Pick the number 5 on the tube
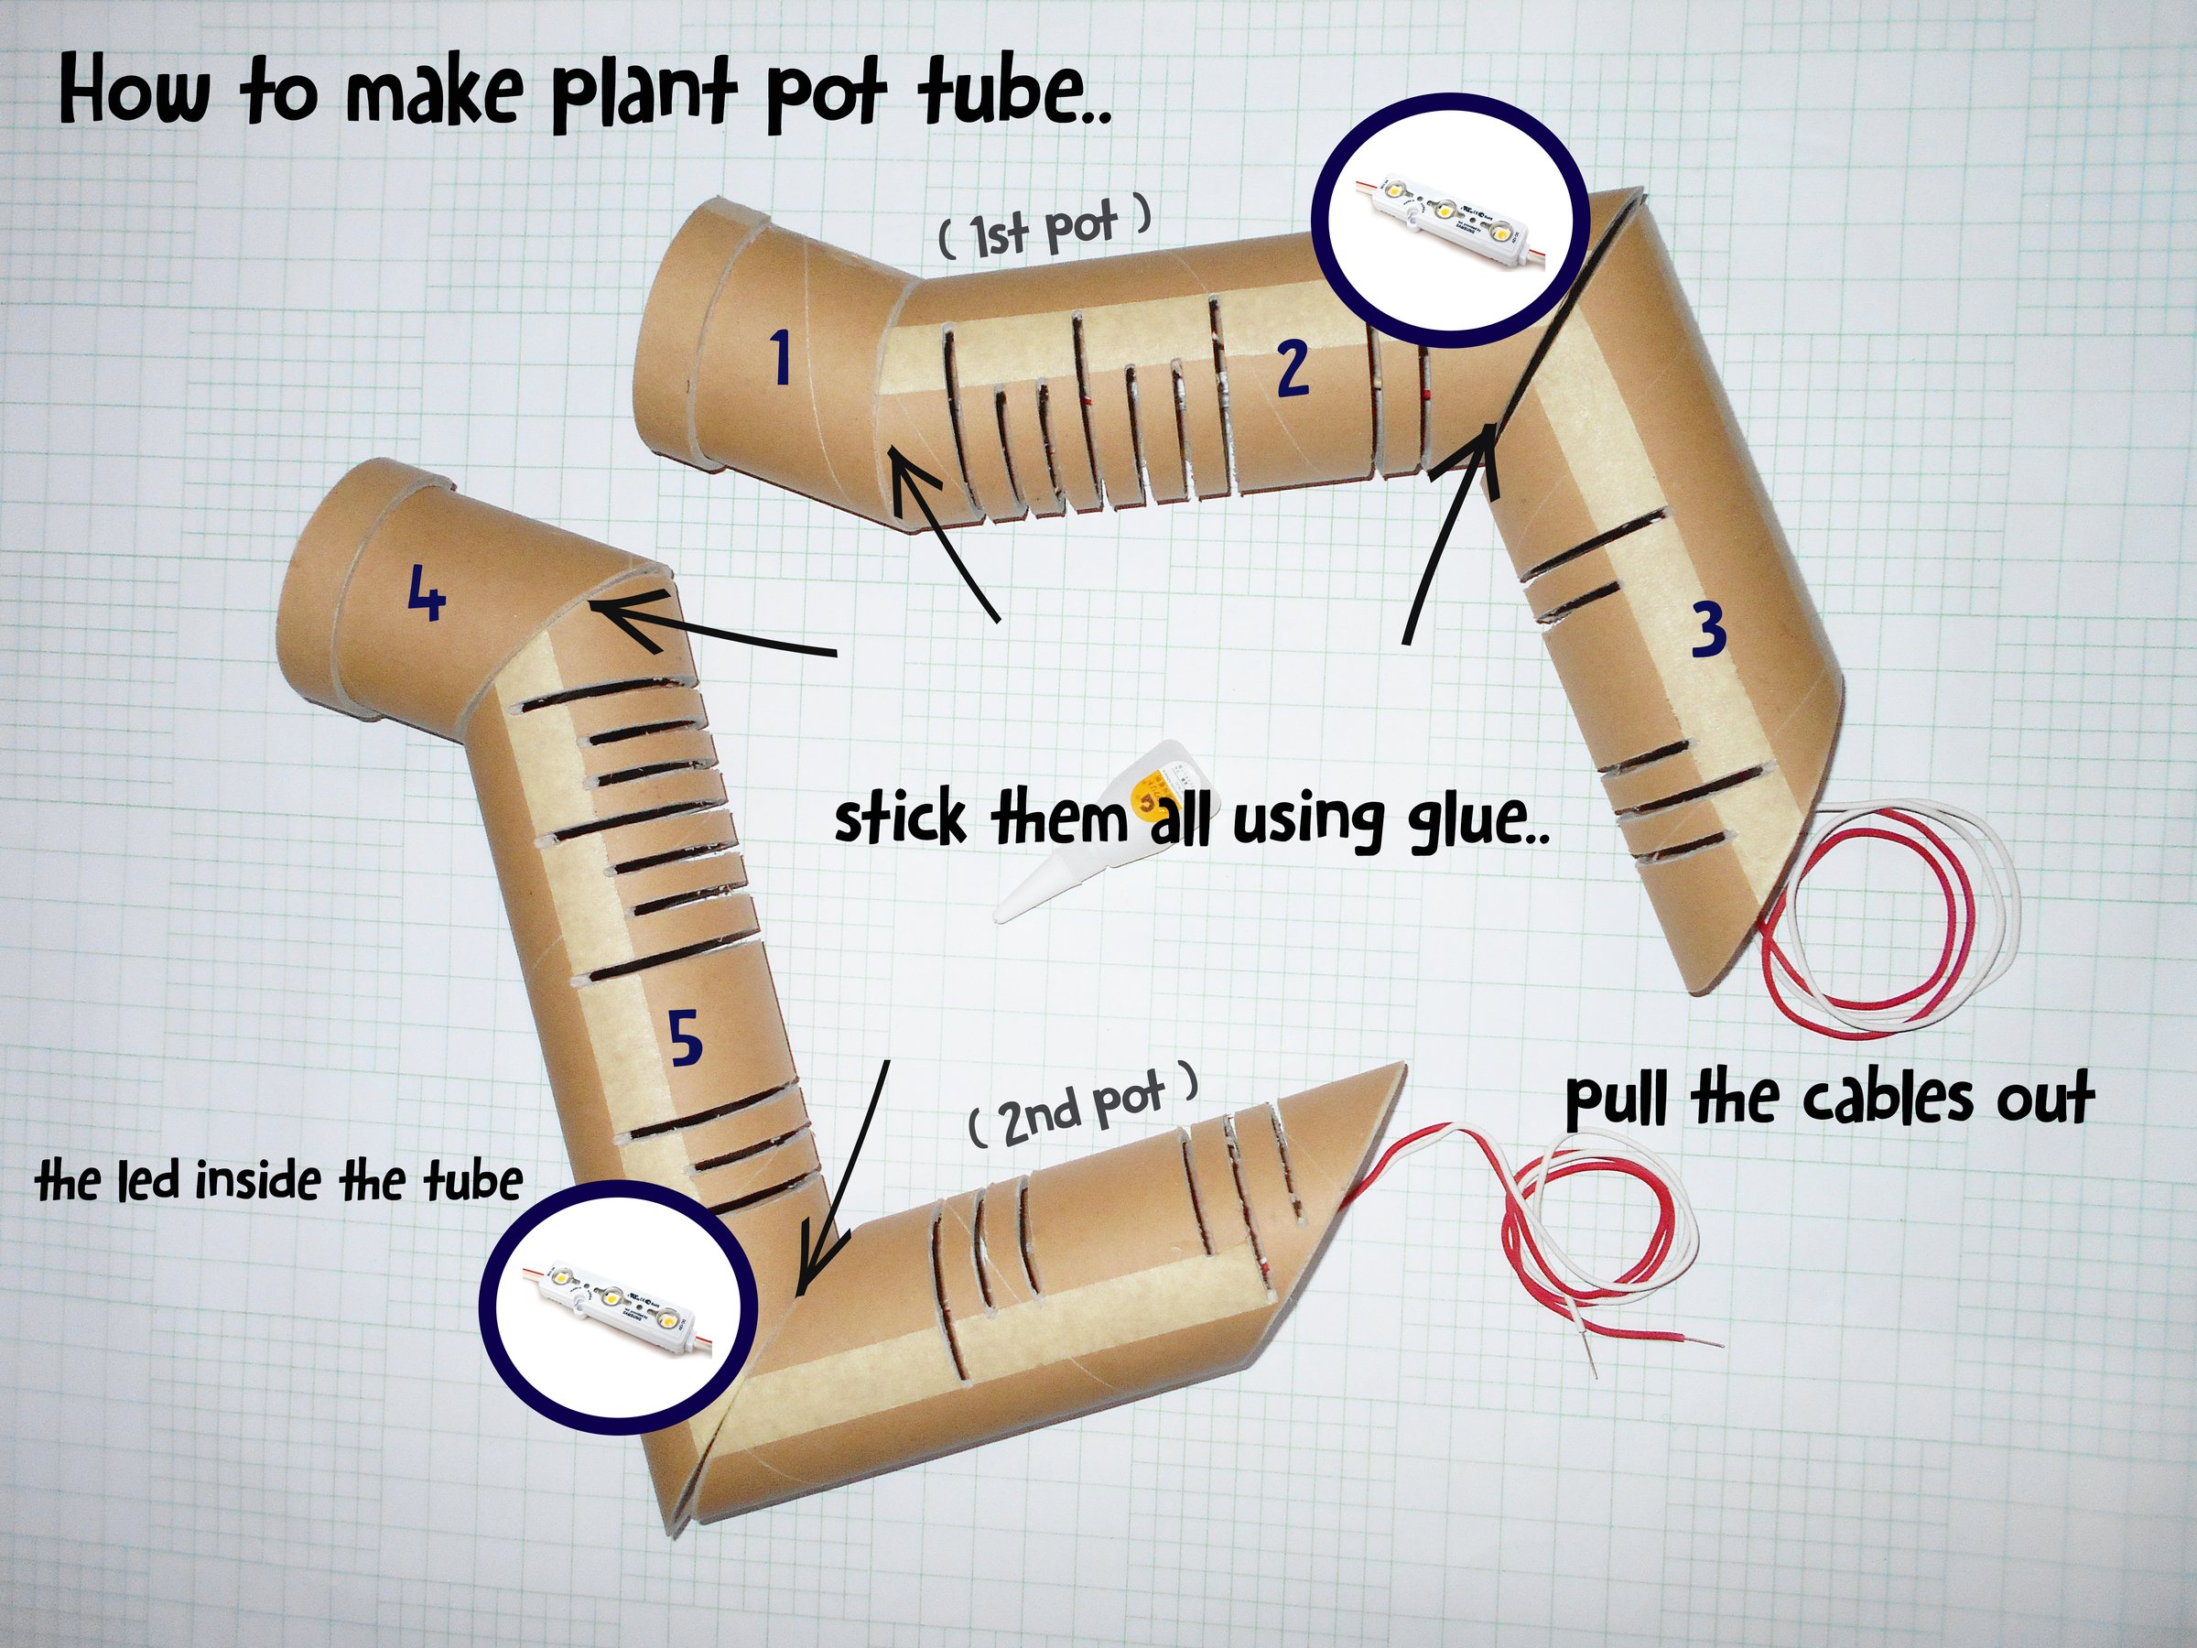point(686,1038)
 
